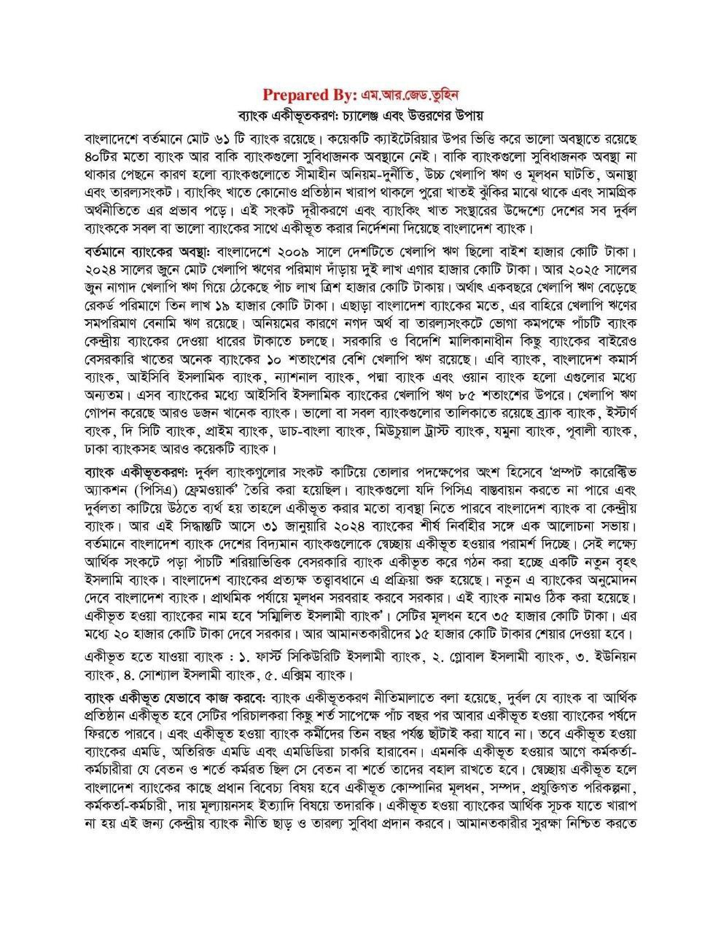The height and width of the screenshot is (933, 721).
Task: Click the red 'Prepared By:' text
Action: point(309,95)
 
